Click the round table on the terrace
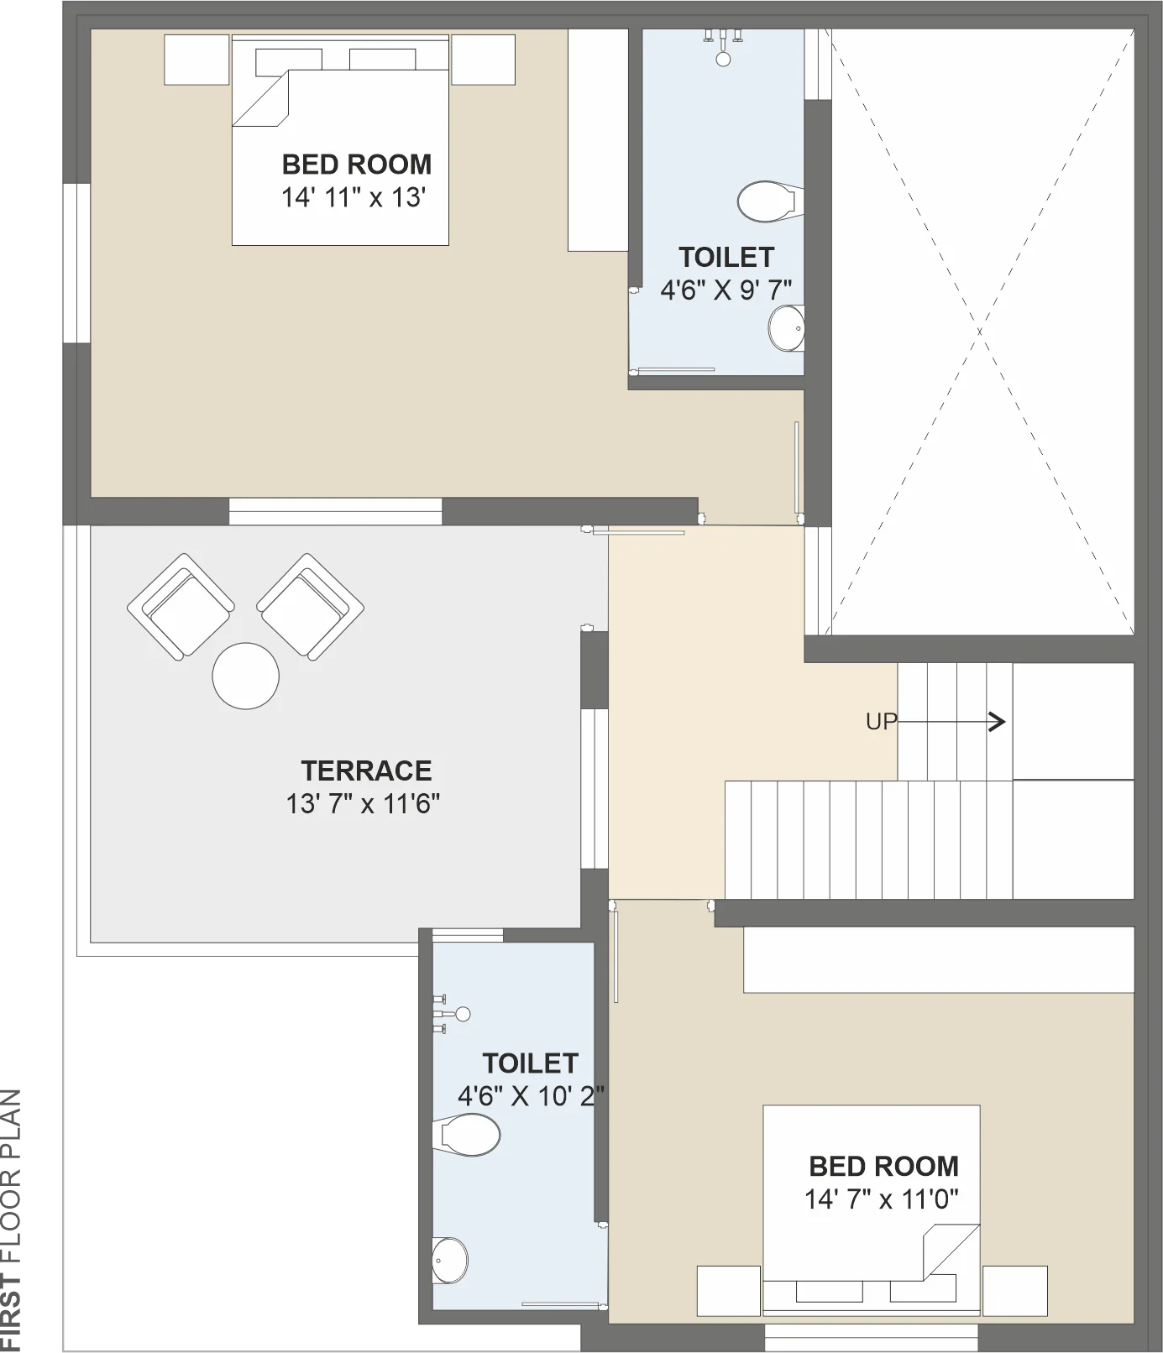[x=246, y=676]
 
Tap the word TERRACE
[x=366, y=771]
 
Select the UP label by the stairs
[x=882, y=722]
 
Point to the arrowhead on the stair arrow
[x=998, y=722]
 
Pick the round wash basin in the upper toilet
[x=787, y=327]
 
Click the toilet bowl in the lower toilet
[x=467, y=1135]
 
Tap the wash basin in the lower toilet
[x=450, y=1260]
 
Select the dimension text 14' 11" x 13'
[x=354, y=198]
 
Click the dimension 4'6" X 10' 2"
[x=531, y=1096]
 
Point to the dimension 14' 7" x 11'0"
[x=882, y=1199]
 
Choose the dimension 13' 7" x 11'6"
[x=363, y=804]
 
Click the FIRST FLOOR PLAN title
[x=11, y=1220]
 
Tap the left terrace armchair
[x=181, y=607]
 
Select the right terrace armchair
[x=310, y=607]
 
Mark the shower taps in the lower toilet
[x=451, y=1014]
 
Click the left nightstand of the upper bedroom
[x=196, y=60]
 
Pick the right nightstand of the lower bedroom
[x=1015, y=1291]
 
